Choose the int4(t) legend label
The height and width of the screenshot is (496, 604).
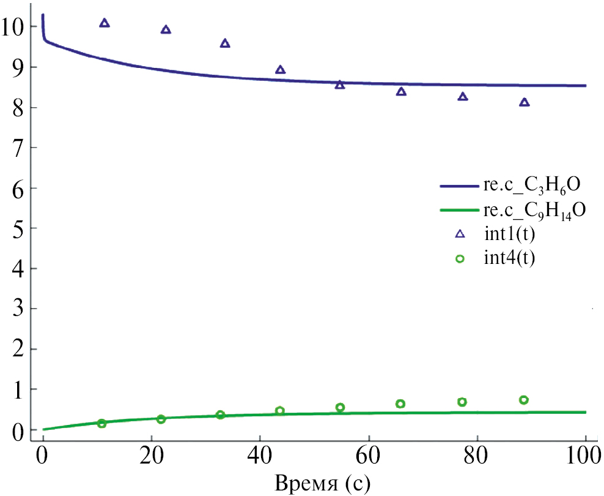[509, 258]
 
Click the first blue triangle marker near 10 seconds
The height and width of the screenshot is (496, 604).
[105, 23]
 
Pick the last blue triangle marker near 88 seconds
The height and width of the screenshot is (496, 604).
[524, 102]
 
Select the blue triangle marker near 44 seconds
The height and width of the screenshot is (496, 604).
[281, 70]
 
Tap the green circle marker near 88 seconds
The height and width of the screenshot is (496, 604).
[523, 400]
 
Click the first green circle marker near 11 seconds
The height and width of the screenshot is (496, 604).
[101, 423]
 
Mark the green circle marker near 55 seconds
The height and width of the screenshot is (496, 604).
[340, 407]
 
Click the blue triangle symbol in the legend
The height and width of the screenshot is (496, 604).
[460, 233]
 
